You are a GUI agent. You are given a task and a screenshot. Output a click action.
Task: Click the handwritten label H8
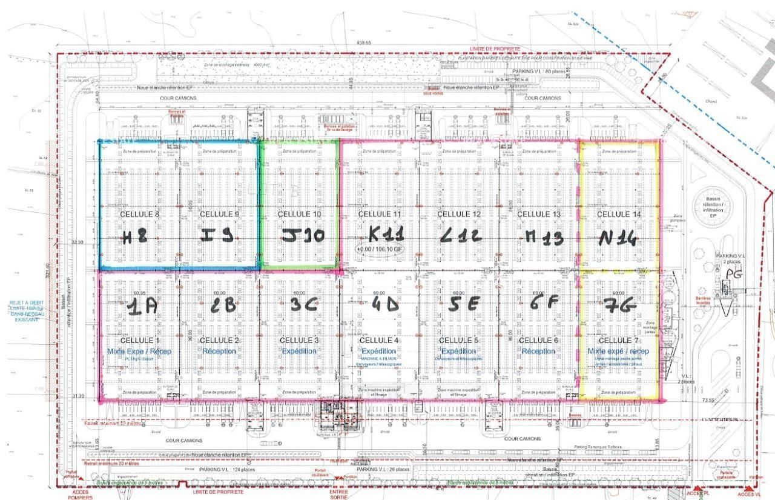134,236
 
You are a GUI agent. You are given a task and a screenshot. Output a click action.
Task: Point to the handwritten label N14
617,238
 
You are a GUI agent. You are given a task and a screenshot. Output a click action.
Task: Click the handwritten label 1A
142,307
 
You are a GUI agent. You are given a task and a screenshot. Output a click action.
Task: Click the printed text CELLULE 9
220,214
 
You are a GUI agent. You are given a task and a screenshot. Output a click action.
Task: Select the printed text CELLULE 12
459,214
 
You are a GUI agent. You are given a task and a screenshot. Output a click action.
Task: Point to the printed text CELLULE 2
219,340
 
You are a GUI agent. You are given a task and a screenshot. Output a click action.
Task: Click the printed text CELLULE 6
538,340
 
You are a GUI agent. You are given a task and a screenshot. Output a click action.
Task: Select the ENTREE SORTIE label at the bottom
338,495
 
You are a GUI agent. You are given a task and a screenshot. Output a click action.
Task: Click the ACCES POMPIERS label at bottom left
80,495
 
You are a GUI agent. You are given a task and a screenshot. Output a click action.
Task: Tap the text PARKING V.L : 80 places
538,72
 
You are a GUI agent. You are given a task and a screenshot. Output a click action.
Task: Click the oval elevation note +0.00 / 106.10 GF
380,249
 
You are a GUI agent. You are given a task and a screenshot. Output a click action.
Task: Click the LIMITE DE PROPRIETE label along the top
495,48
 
